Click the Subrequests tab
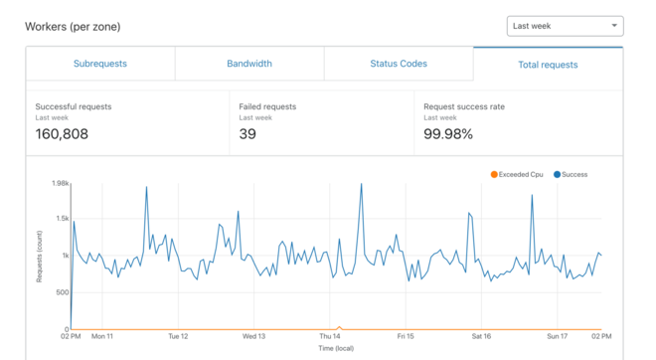pyautogui.click(x=100, y=64)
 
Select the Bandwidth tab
pyautogui.click(x=249, y=64)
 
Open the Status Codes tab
pyautogui.click(x=399, y=64)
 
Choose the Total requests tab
pyautogui.click(x=548, y=65)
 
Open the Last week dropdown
pyautogui.click(x=565, y=26)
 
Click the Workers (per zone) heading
pyautogui.click(x=73, y=27)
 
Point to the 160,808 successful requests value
pyautogui.click(x=62, y=134)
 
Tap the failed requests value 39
pyautogui.click(x=248, y=134)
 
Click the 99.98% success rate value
pyautogui.click(x=448, y=134)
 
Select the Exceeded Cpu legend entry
pyautogui.click(x=516, y=175)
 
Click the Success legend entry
pyautogui.click(x=571, y=175)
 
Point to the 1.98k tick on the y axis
pyautogui.click(x=59, y=184)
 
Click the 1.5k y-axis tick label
pyautogui.click(x=61, y=219)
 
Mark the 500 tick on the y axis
pyautogui.click(x=62, y=292)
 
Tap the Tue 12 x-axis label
pyautogui.click(x=178, y=336)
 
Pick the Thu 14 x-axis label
pyautogui.click(x=330, y=336)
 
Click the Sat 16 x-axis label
pyautogui.click(x=482, y=336)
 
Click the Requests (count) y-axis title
pyautogui.click(x=40, y=256)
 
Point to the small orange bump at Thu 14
pyautogui.click(x=339, y=327)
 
